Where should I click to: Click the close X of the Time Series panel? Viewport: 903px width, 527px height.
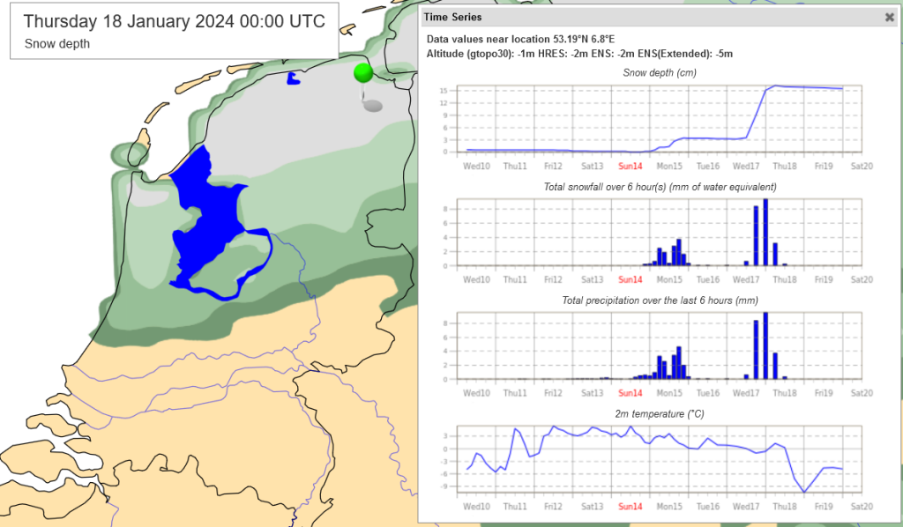(x=889, y=17)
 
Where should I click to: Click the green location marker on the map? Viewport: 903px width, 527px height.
(x=363, y=72)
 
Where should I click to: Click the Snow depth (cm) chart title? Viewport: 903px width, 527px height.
(x=660, y=72)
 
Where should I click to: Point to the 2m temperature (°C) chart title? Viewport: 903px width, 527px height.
(x=660, y=413)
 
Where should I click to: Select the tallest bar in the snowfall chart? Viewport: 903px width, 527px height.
(x=765, y=233)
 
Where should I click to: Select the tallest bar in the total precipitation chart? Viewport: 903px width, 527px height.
(x=765, y=346)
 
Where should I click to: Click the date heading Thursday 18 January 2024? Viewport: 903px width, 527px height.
(x=174, y=22)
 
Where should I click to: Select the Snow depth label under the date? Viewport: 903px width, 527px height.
(x=57, y=43)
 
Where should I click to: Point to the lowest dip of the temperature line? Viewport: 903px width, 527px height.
(x=804, y=492)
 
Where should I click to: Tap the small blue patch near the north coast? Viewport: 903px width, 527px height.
(x=293, y=79)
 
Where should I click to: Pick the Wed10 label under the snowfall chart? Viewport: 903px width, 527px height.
(x=476, y=279)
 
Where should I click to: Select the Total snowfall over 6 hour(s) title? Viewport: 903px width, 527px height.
(x=660, y=187)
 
